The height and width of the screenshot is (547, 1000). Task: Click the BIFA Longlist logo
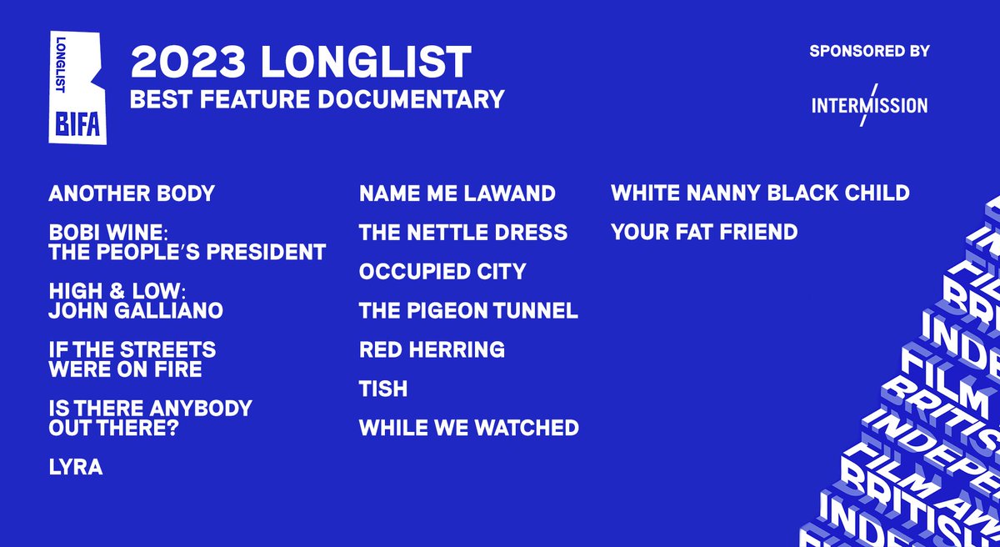click(x=77, y=91)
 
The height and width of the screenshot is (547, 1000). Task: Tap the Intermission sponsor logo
click(x=869, y=106)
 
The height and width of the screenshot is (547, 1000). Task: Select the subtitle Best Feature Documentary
click(x=317, y=99)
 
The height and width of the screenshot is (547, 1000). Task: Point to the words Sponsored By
click(x=869, y=52)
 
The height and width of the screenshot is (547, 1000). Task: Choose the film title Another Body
click(x=132, y=194)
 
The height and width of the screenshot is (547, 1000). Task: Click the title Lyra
click(x=76, y=468)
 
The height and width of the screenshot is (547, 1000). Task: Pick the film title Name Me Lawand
click(x=457, y=194)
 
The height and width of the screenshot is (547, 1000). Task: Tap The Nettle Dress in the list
click(x=462, y=233)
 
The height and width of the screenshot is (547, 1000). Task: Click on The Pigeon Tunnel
click(x=468, y=311)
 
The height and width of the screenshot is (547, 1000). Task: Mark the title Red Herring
click(x=432, y=349)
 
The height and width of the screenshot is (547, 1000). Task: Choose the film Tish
click(x=382, y=389)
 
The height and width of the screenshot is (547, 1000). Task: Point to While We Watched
click(x=468, y=428)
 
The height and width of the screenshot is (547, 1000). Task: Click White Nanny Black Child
click(x=760, y=194)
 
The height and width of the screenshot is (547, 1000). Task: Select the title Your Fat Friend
click(x=704, y=233)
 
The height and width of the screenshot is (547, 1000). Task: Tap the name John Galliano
click(x=136, y=312)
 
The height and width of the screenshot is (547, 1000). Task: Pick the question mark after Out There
click(x=197, y=429)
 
